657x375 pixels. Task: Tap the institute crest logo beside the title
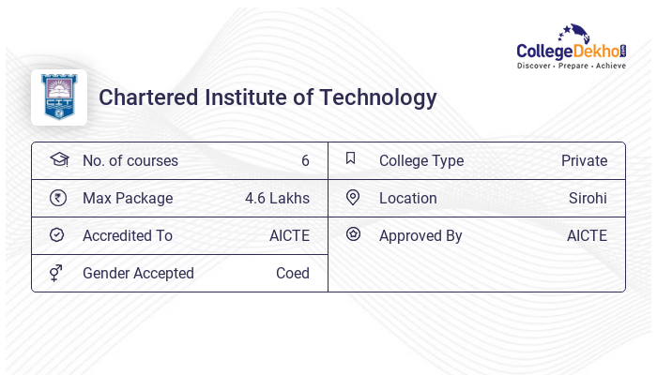[x=59, y=97]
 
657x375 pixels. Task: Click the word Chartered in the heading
[x=142, y=97]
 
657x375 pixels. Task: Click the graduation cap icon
[x=58, y=159]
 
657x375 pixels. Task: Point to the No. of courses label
[x=130, y=161]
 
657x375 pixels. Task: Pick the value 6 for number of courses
[x=305, y=161]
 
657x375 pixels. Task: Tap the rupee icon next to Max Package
[x=57, y=198]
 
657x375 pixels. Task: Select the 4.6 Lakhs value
[x=277, y=199]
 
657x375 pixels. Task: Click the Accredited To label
[x=128, y=236]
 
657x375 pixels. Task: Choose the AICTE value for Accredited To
[x=289, y=236]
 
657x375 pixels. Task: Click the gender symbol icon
[x=56, y=273]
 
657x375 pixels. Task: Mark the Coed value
[x=292, y=274]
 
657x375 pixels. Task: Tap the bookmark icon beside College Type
[x=351, y=158]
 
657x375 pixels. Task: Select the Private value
[x=584, y=161]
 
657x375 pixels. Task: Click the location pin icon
[x=353, y=197]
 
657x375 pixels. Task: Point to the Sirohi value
[x=588, y=199]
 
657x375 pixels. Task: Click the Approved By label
[x=420, y=236]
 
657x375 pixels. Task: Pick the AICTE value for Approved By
[x=587, y=236]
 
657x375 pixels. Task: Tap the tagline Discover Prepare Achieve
[x=571, y=67]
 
